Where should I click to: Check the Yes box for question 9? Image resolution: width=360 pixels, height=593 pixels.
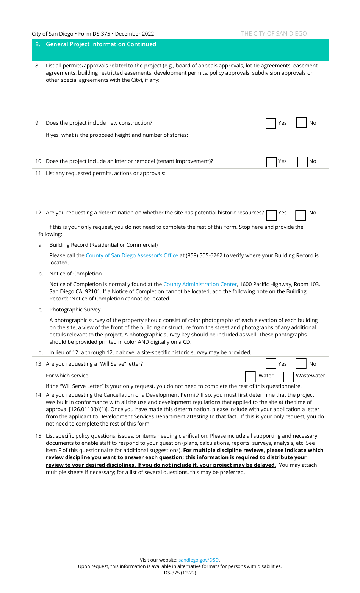coord(271,123)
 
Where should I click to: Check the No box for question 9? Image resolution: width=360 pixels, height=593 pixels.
coord(301,123)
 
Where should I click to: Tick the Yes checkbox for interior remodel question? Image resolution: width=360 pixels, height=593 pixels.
coord(271,162)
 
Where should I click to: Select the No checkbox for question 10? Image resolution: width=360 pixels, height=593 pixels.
coord(302,162)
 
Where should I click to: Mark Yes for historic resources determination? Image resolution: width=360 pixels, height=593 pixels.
coord(271,215)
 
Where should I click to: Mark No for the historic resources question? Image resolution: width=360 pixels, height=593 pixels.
coord(301,215)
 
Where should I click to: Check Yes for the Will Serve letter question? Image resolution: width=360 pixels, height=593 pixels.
coord(271,364)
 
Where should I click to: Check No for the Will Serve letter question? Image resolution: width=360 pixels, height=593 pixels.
coord(301,363)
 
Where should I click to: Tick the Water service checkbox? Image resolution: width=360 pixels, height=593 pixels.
coord(250,377)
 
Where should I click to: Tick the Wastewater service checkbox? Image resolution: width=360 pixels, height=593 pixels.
coord(288,377)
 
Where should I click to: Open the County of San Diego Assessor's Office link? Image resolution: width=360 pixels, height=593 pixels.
coord(132,256)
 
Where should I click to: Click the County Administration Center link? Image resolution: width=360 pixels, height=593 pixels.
coord(200,284)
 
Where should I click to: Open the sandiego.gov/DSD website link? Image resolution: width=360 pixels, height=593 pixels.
coord(199,560)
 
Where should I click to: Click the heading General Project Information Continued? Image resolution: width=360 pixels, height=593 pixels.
coord(101,44)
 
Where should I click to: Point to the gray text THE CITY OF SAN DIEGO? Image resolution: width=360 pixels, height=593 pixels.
coord(274,34)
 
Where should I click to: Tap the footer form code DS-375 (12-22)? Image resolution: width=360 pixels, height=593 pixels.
coord(180,573)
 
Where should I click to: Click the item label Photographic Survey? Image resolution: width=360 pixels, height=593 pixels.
coord(75,310)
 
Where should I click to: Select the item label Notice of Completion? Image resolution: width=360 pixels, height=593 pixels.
coord(75,274)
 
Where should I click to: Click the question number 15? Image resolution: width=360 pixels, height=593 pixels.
coord(39,436)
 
